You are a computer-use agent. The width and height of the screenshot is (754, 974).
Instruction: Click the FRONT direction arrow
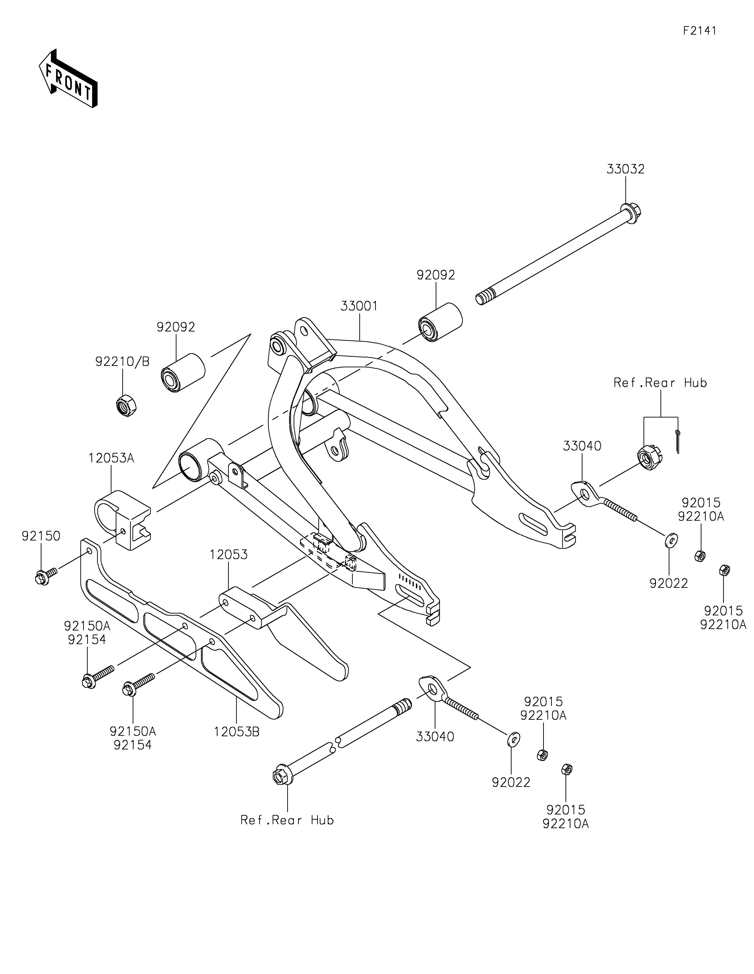[68, 78]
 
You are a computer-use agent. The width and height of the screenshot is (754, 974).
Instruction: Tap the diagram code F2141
[700, 31]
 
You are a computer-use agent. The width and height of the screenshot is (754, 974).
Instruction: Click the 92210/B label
[122, 362]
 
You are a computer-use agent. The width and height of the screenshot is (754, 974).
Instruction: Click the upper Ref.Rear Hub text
[660, 383]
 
